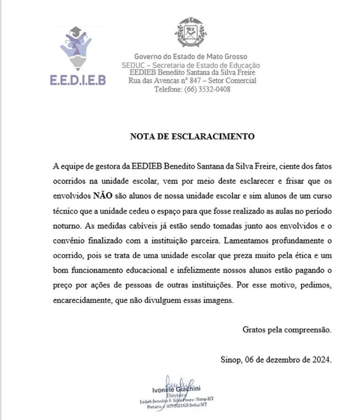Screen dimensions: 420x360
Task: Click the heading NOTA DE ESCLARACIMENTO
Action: [192, 136]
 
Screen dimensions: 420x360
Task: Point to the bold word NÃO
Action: [103, 196]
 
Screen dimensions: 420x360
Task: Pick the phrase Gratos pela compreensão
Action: [287, 329]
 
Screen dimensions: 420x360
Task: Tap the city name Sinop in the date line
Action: [230, 360]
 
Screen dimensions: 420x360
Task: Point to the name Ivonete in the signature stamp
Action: [163, 390]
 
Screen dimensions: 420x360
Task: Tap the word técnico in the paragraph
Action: [65, 211]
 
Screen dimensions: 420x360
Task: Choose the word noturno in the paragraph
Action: [66, 226]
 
